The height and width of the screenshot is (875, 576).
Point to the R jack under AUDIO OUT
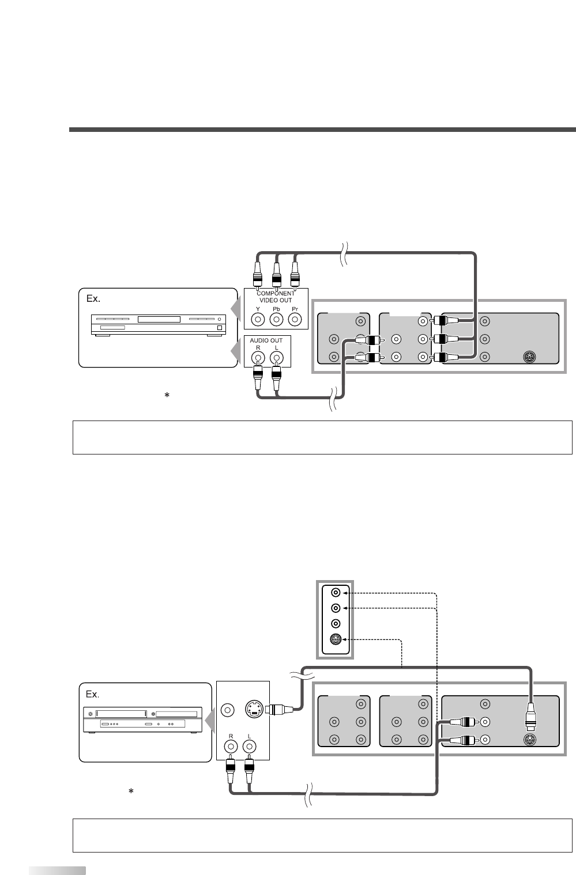point(259,357)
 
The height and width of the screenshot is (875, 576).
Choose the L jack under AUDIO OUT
point(277,357)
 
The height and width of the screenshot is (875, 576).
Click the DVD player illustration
point(157,325)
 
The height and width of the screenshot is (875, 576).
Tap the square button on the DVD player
point(219,328)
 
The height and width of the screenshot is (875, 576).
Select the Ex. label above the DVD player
point(93,299)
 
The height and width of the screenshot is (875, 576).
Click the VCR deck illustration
point(143,719)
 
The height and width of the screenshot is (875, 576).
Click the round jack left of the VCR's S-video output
point(229,709)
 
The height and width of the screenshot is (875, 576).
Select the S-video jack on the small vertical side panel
point(334,638)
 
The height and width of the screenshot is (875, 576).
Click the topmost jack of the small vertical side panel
point(334,592)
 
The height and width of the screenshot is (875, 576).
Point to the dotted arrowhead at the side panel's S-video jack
point(345,638)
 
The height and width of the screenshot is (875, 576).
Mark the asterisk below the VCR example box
point(131,792)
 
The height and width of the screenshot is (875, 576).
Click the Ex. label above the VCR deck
point(93,694)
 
